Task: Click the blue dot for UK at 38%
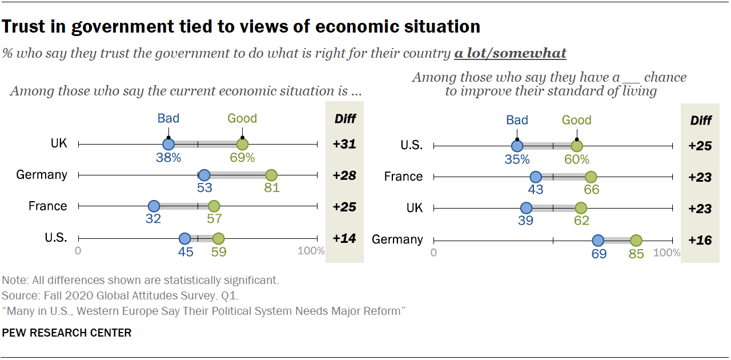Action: [x=168, y=145]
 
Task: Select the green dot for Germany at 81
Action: [x=271, y=175]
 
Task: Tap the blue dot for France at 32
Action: [x=154, y=206]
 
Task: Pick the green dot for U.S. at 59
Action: [x=218, y=238]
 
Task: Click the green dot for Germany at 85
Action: [x=636, y=241]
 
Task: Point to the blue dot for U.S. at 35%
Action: [x=517, y=146]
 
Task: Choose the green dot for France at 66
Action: [x=591, y=177]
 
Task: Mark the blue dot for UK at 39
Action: [x=526, y=209]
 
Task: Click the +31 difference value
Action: [x=344, y=145]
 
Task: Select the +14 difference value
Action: [x=344, y=239]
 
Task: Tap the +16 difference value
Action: [x=700, y=241]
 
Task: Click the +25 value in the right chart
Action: [x=700, y=146]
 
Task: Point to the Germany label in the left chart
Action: [x=42, y=175]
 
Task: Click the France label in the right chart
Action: [x=403, y=177]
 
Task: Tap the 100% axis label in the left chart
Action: [x=311, y=251]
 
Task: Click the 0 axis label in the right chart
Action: [x=434, y=253]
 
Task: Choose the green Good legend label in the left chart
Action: [x=242, y=118]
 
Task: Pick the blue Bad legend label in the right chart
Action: [x=517, y=120]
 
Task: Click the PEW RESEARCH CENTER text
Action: [x=67, y=333]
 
